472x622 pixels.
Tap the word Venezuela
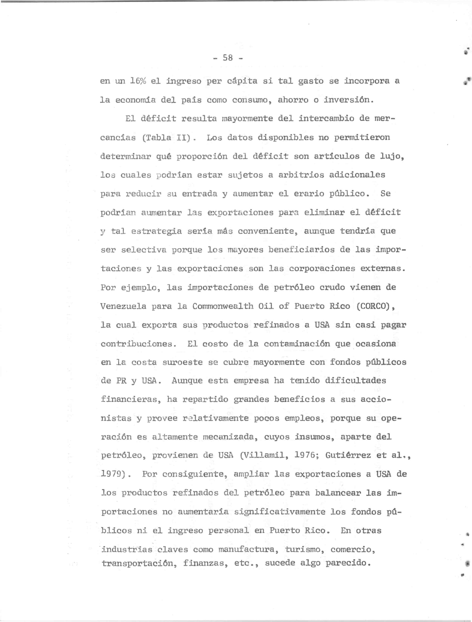123,306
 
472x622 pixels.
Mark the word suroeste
183,362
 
